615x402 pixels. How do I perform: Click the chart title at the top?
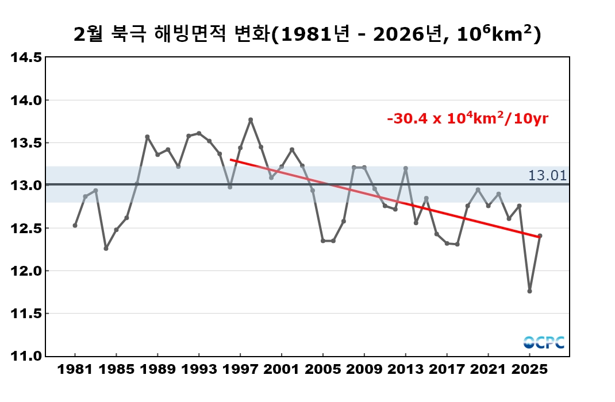pyautogui.click(x=307, y=35)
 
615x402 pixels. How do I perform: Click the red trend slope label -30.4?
pyautogui.click(x=467, y=119)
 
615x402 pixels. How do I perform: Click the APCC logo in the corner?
pyautogui.click(x=544, y=342)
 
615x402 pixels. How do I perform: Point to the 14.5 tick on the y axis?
pyautogui.click(x=27, y=57)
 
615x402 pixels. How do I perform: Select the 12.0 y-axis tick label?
pyautogui.click(x=27, y=271)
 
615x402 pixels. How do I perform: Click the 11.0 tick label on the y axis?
pyautogui.click(x=27, y=356)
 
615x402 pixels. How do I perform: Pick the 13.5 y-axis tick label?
pyautogui.click(x=27, y=143)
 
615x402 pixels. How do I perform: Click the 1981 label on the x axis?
pyautogui.click(x=75, y=369)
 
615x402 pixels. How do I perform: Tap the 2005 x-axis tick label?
pyautogui.click(x=322, y=369)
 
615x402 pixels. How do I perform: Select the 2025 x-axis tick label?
pyautogui.click(x=529, y=369)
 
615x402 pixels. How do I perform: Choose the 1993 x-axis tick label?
pyautogui.click(x=199, y=369)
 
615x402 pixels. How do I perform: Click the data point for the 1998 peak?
pyautogui.click(x=251, y=119)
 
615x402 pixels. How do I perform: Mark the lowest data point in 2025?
pyautogui.click(x=529, y=291)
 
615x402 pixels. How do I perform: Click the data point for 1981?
pyautogui.click(x=75, y=226)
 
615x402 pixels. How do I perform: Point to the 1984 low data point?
pyautogui.click(x=106, y=249)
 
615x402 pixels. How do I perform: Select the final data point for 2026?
pyautogui.click(x=540, y=235)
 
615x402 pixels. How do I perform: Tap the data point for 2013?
pyautogui.click(x=406, y=168)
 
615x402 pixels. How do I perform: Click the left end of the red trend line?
pyautogui.click(x=230, y=160)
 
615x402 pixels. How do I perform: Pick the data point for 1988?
pyautogui.click(x=147, y=137)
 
